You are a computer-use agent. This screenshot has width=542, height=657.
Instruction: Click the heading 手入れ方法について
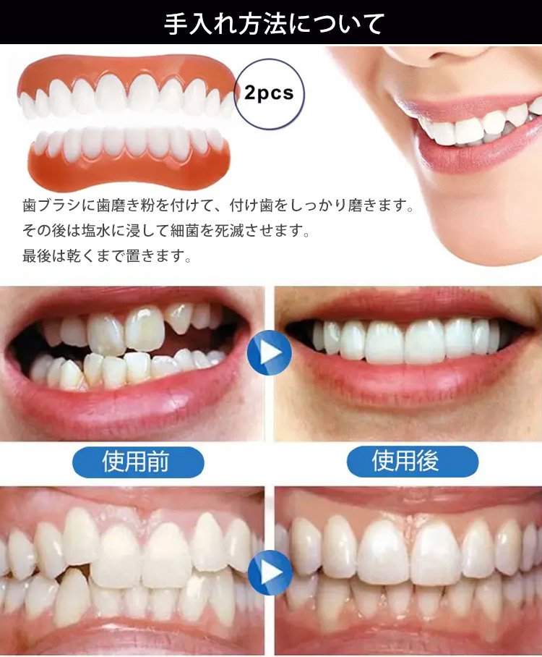[274, 23]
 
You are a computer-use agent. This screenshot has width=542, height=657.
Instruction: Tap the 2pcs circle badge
[269, 93]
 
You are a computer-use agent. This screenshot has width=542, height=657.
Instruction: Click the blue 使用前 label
[138, 462]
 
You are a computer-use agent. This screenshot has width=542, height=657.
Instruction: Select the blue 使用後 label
[412, 462]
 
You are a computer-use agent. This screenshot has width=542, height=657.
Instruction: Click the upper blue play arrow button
[270, 352]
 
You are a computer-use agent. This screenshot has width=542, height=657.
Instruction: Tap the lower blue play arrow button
[270, 572]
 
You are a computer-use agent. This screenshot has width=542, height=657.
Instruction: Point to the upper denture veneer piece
[126, 88]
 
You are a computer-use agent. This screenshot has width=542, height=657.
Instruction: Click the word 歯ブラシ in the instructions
[52, 205]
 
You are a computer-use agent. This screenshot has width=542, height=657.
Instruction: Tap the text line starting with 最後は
[107, 255]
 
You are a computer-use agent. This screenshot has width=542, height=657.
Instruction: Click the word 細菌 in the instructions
[184, 230]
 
